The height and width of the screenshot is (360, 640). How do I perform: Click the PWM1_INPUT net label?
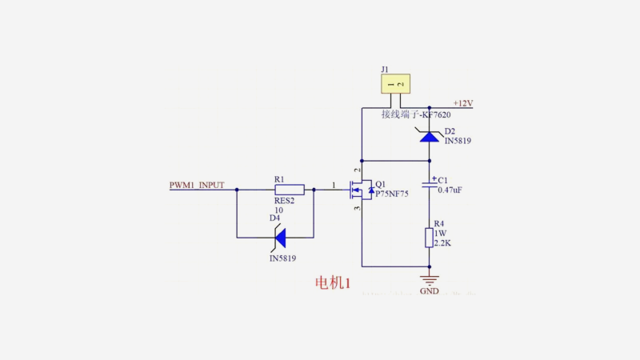coord(197,186)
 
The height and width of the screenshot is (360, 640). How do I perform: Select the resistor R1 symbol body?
coord(289,190)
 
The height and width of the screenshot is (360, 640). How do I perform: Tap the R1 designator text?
coord(278,179)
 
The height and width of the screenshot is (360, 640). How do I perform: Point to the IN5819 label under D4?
coord(282,258)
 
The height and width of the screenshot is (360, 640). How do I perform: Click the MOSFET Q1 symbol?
coord(358,190)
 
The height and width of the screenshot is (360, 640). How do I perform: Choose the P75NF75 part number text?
coord(391,194)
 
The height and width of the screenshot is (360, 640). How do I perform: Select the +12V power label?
coord(463,103)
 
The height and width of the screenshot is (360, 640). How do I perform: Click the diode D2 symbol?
coord(430,136)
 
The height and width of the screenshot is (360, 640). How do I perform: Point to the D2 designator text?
coord(450,130)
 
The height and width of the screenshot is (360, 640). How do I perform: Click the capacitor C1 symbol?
coord(430,185)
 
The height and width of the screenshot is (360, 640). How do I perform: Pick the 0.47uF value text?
coord(450,190)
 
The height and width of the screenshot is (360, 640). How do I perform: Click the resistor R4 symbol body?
coord(430,238)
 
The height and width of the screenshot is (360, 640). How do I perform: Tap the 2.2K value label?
coord(442,242)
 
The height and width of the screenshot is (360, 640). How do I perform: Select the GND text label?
coord(430,291)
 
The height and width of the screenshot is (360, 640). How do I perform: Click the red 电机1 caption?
coord(333,283)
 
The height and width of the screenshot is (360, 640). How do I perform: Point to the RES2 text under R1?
coord(285,201)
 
